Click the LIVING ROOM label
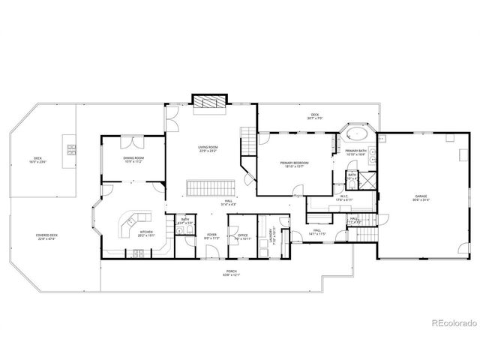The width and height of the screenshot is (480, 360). point(208,149)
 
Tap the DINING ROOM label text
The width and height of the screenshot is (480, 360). point(133,159)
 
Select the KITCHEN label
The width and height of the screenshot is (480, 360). point(147,232)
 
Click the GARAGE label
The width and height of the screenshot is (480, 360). point(420,196)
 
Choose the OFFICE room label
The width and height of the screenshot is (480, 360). point(243,236)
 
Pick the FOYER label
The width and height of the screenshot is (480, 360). point(212,235)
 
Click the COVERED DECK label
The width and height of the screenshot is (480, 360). point(47,237)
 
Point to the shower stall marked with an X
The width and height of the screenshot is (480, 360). point(369,179)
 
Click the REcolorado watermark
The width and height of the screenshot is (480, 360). point(454,324)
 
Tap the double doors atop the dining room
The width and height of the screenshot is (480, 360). point(133,141)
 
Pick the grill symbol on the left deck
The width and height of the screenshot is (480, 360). point(71,148)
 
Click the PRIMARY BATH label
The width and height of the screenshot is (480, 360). point(355,153)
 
